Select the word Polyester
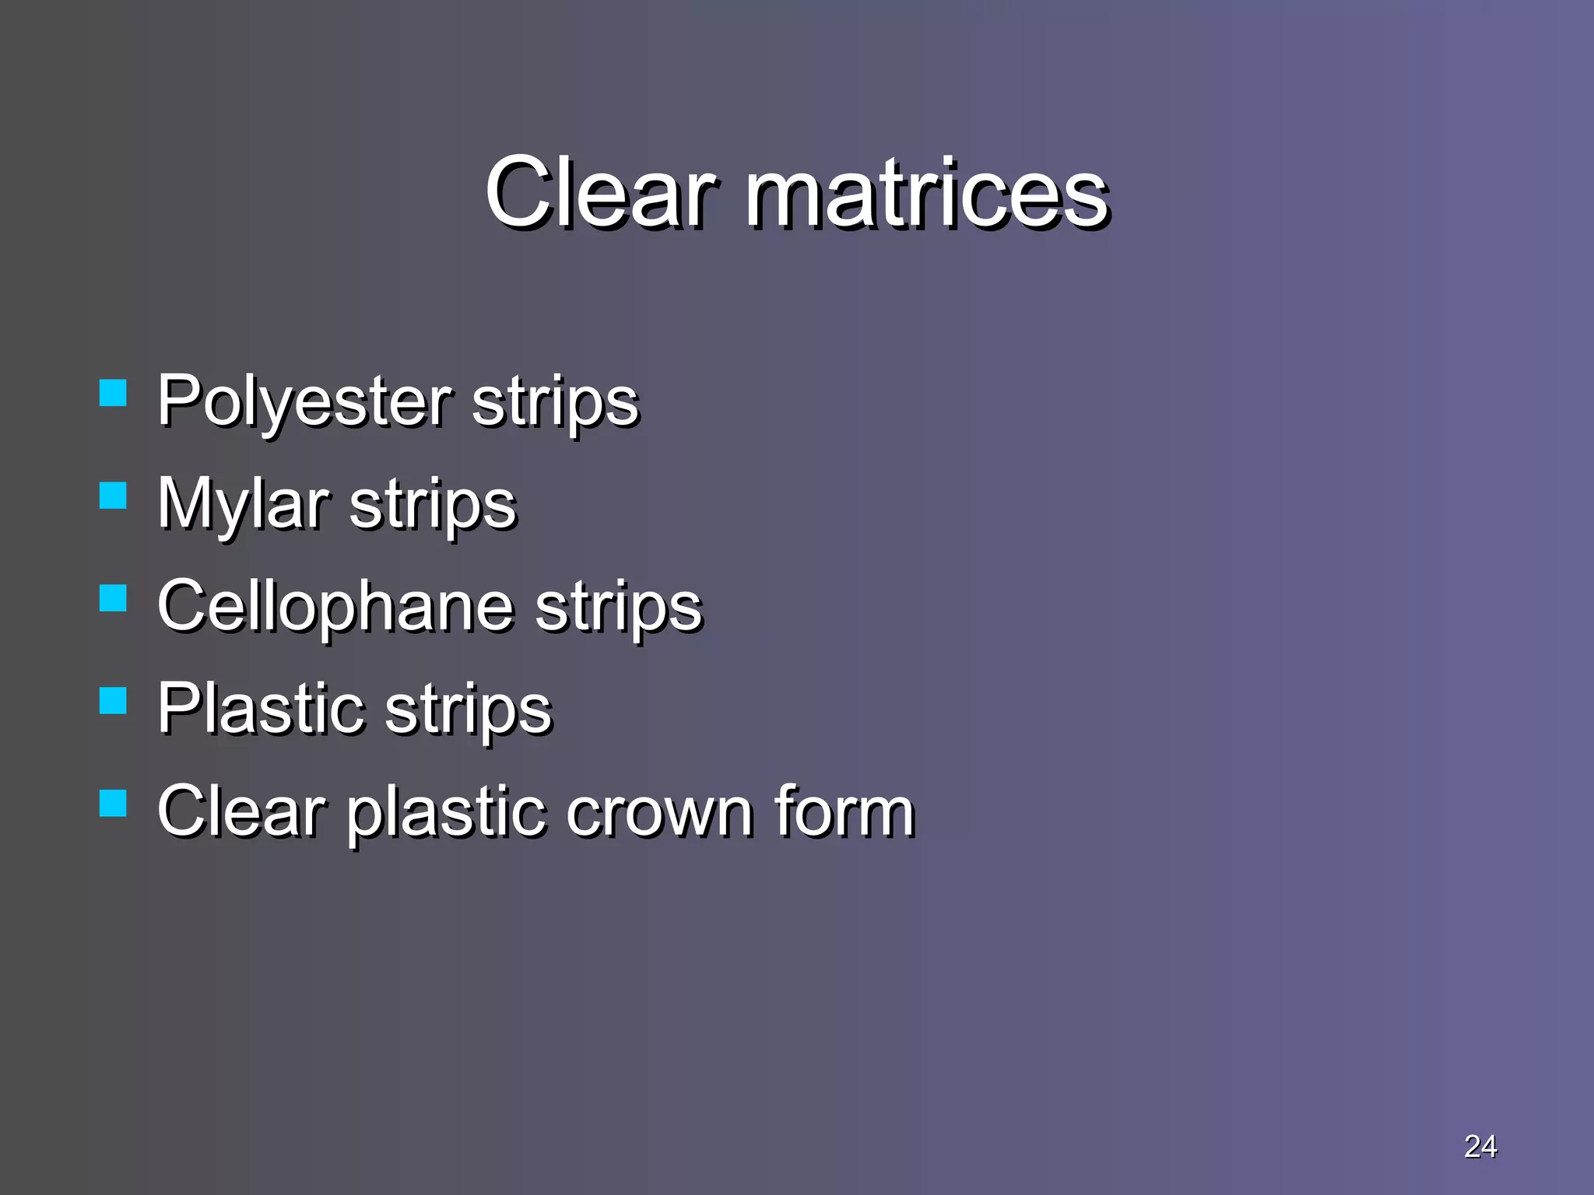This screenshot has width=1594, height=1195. [304, 401]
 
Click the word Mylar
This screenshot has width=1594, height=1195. [242, 504]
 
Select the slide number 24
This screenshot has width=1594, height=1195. [1480, 1146]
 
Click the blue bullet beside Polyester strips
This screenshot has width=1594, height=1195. [114, 393]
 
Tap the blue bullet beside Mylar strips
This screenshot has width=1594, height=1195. [114, 496]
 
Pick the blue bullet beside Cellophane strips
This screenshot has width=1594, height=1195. [114, 598]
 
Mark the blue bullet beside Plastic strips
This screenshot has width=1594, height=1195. [114, 700]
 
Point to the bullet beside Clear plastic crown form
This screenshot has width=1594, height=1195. [114, 803]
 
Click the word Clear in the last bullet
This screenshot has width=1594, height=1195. [241, 811]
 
